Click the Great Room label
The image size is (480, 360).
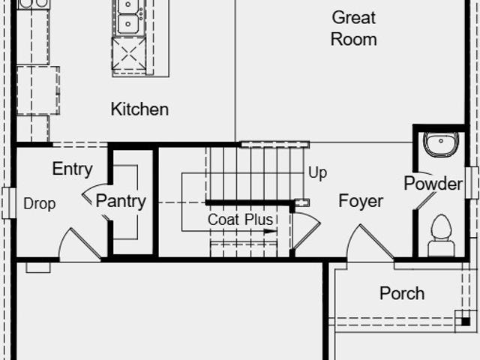click(x=353, y=28)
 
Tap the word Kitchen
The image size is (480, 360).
click(x=139, y=109)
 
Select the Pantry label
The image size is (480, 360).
click(x=121, y=202)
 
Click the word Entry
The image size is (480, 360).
click(x=72, y=169)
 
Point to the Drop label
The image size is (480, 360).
click(x=40, y=204)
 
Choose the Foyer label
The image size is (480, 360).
click(x=361, y=202)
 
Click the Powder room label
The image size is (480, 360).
click(x=433, y=183)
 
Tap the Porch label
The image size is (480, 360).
click(x=402, y=293)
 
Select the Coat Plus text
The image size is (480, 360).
click(x=240, y=220)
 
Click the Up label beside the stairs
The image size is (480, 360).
click(x=318, y=173)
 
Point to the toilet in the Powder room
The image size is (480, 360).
click(x=441, y=235)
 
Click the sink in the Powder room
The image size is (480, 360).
click(x=441, y=145)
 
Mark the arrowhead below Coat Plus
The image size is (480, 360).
click(x=270, y=231)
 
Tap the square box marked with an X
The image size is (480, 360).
click(x=129, y=55)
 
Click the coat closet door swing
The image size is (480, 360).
click(x=307, y=230)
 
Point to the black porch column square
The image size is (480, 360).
click(x=465, y=322)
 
